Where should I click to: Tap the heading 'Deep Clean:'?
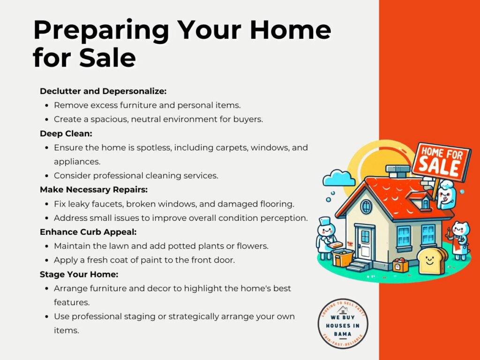coord(66,134)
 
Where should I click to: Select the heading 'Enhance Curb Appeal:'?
coord(88,232)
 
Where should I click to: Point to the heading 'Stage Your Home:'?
coord(79,274)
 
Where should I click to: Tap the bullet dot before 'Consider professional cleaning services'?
coord(46,176)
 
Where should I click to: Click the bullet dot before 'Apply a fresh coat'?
coord(46,261)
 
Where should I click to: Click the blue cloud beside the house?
coord(339,178)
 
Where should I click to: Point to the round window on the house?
coord(366,207)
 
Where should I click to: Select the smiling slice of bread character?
coord(431,261)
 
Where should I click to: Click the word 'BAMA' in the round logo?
coord(343,334)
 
